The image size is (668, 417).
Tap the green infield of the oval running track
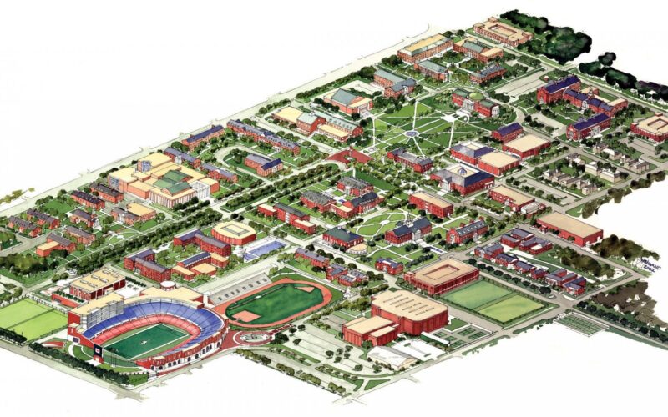point(267,304)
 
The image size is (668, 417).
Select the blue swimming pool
point(265,248)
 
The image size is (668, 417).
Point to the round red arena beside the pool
point(234,231)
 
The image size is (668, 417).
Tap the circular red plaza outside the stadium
point(250,336)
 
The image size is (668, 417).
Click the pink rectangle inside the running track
point(249,316)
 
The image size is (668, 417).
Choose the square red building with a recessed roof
point(442,275)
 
